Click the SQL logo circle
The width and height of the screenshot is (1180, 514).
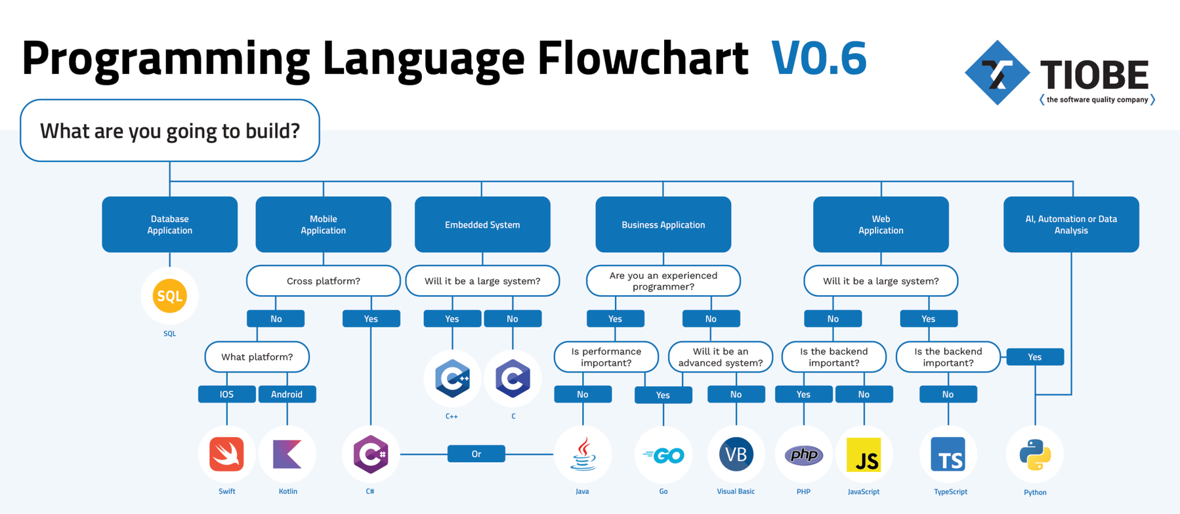tap(169, 296)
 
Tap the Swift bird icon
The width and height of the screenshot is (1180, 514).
tap(226, 454)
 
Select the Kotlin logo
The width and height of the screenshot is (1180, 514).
tap(287, 454)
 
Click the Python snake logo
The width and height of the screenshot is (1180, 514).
tap(1035, 454)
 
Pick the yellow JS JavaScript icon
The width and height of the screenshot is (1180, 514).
tap(864, 455)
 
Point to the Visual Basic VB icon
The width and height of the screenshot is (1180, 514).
tap(736, 454)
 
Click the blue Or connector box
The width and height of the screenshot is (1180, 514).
tap(476, 454)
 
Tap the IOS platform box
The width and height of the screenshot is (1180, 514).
tap(226, 394)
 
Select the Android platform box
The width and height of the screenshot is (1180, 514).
tap(287, 394)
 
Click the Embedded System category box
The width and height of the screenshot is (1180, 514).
tap(482, 224)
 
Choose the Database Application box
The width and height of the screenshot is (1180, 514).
tap(169, 224)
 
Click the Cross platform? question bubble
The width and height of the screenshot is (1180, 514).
tap(324, 281)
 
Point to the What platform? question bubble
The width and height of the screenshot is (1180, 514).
tap(257, 357)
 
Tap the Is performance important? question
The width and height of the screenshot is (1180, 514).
tap(606, 357)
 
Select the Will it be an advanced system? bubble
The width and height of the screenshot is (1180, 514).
tap(721, 357)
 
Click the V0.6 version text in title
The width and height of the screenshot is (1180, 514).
tap(819, 58)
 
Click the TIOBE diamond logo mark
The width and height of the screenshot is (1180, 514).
tap(997, 73)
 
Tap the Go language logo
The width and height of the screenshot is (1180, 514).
tap(664, 454)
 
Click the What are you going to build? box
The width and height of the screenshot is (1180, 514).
tap(170, 130)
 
